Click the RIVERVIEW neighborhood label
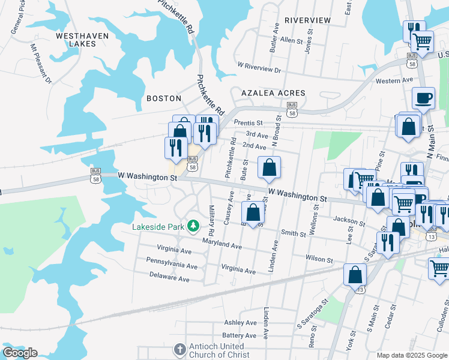point(307,20)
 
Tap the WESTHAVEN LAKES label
point(82,40)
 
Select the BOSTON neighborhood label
point(164,98)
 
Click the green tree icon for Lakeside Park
point(193,226)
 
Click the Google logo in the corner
point(20,353)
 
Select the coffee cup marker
point(423,98)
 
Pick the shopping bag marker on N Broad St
point(270,167)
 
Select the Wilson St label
point(319,260)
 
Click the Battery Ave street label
point(239,335)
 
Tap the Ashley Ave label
point(240,323)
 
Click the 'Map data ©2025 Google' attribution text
point(411,355)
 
